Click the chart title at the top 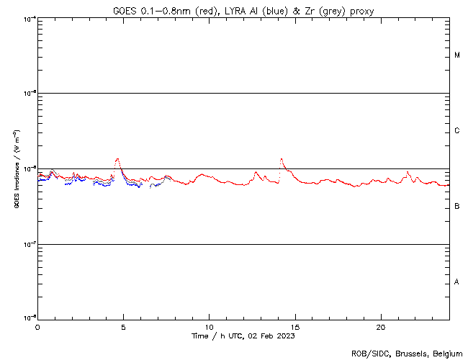(x=243, y=11)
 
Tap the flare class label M (x=457, y=55)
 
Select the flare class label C (x=457, y=131)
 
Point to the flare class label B (x=457, y=207)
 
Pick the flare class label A (x=457, y=282)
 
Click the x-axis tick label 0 (x=37, y=327)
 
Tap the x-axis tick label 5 (x=123, y=327)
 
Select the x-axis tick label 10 (x=209, y=327)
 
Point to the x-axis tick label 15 (x=294, y=327)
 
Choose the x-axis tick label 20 (x=380, y=327)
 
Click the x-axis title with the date (x=243, y=336)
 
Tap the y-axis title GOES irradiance (x=16, y=168)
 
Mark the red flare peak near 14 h (x=282, y=159)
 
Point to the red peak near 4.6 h (x=117, y=159)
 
